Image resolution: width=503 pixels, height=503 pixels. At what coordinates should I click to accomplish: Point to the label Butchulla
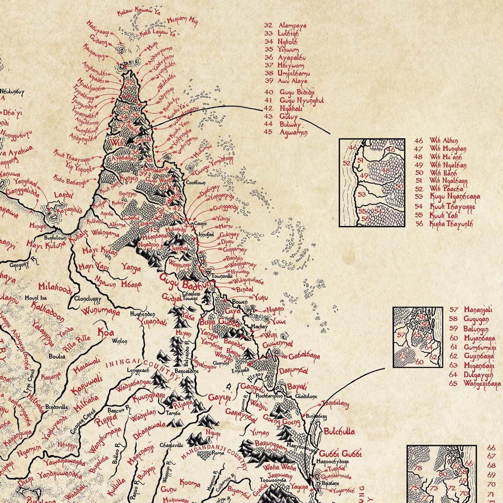[339, 431]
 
